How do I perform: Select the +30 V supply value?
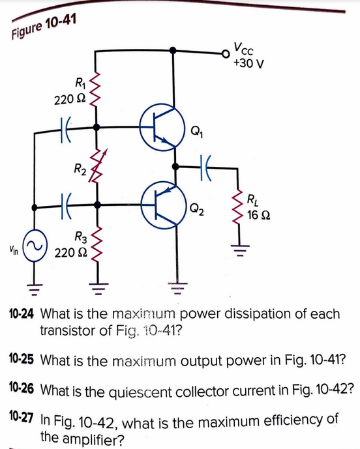pos(250,64)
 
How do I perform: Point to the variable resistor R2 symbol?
pos(98,166)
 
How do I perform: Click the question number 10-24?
pos(22,314)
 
